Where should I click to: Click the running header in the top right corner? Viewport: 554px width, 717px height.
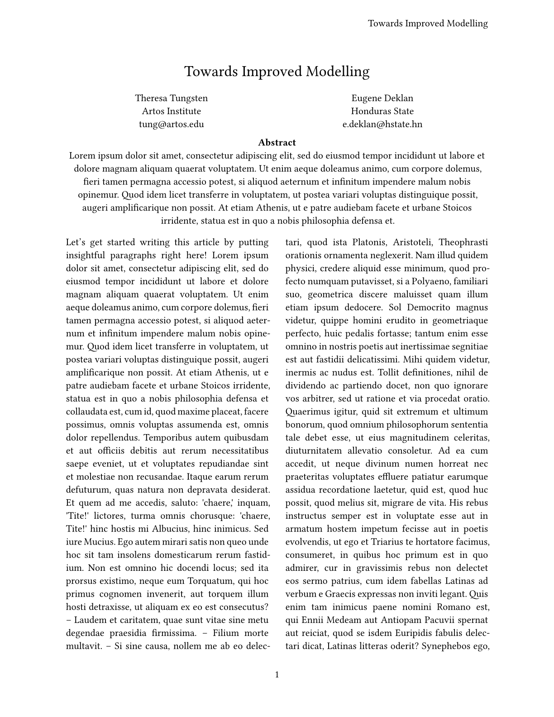[x=427, y=24]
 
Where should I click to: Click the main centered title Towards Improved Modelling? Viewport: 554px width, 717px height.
[x=277, y=72]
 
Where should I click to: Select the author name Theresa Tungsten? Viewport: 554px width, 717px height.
[x=171, y=98]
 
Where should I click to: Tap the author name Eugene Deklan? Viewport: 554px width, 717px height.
[x=382, y=98]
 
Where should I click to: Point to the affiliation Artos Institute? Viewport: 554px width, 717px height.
[x=171, y=111]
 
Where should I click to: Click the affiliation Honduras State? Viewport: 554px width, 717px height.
[x=382, y=111]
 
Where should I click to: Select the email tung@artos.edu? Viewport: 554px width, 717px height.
[x=171, y=124]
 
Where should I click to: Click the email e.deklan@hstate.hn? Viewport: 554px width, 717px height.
[x=382, y=124]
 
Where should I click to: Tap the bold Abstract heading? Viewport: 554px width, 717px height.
[x=277, y=143]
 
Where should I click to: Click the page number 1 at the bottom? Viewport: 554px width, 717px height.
[x=277, y=675]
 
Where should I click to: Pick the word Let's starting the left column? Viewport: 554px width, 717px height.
[x=75, y=243]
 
